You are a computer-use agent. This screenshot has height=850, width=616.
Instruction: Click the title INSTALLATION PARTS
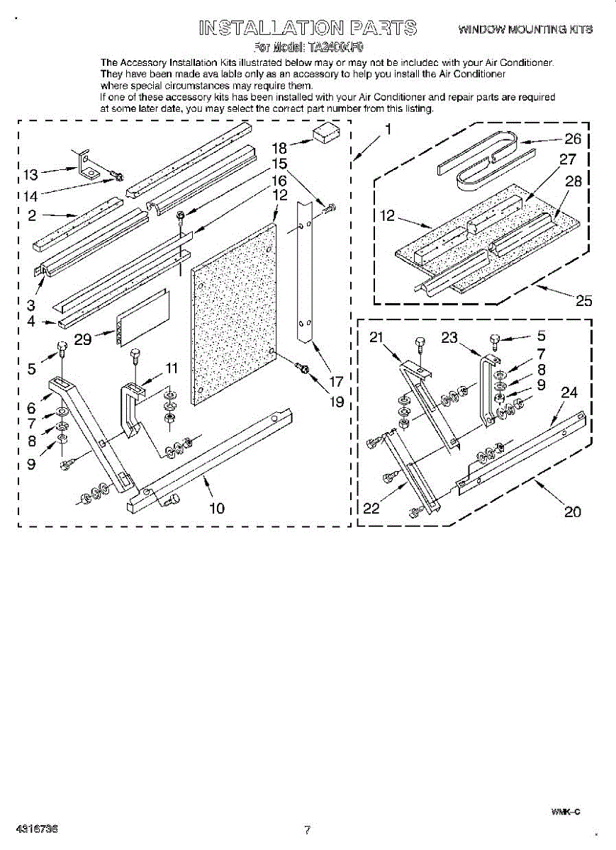[x=308, y=28]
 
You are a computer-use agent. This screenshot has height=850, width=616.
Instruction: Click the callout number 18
[x=279, y=148]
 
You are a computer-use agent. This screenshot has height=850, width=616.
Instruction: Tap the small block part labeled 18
[x=327, y=134]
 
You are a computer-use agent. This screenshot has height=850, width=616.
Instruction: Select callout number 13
[x=30, y=174]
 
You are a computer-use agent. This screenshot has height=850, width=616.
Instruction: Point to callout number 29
[x=83, y=339]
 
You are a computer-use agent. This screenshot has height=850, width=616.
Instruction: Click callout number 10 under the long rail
[x=217, y=507]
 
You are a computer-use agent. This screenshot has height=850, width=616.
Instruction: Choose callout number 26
[x=573, y=139]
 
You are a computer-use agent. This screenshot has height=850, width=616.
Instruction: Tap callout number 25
[x=583, y=300]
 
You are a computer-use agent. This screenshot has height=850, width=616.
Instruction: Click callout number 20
[x=572, y=511]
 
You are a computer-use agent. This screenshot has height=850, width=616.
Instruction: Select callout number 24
[x=569, y=392]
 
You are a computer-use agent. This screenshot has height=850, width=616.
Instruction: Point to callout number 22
[x=371, y=508]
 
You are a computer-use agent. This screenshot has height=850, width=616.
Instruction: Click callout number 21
[x=376, y=338]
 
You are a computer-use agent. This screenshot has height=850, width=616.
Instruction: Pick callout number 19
[x=336, y=402]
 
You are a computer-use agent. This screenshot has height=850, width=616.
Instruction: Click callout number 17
[x=336, y=380]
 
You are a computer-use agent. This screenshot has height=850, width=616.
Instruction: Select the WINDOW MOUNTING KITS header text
[x=525, y=29]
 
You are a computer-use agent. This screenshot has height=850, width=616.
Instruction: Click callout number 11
[x=172, y=367]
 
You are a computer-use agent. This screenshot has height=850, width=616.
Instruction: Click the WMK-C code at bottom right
[x=566, y=812]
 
